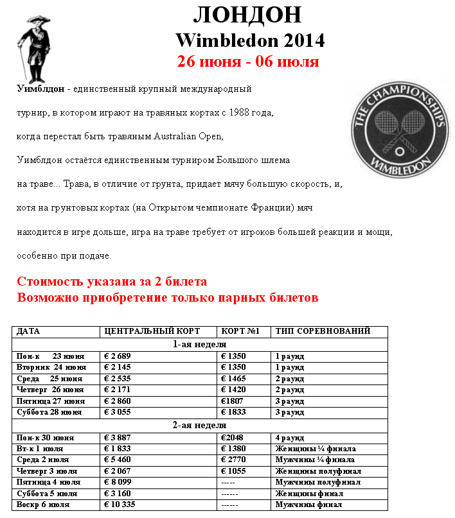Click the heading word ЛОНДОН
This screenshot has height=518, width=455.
pos(247,14)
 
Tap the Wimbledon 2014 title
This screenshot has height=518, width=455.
pos(250,40)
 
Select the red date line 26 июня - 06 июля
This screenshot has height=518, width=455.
pos(248,62)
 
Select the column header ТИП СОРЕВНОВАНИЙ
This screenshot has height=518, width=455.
pos(323,331)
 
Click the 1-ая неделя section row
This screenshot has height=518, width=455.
pos(199,343)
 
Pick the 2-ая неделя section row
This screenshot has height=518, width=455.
pos(199,425)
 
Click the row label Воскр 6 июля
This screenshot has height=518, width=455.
pos(42,505)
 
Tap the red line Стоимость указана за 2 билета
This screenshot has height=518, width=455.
pos(112,282)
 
